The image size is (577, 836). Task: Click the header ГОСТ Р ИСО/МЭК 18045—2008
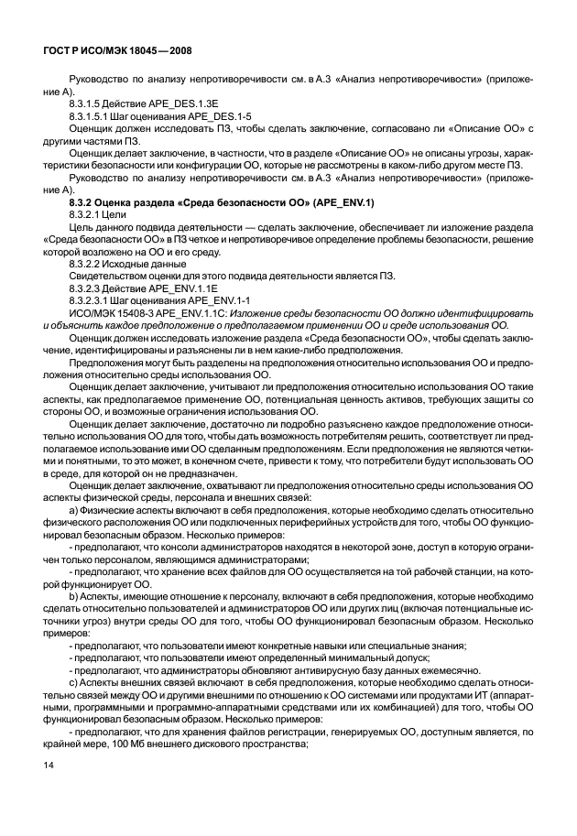118,52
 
